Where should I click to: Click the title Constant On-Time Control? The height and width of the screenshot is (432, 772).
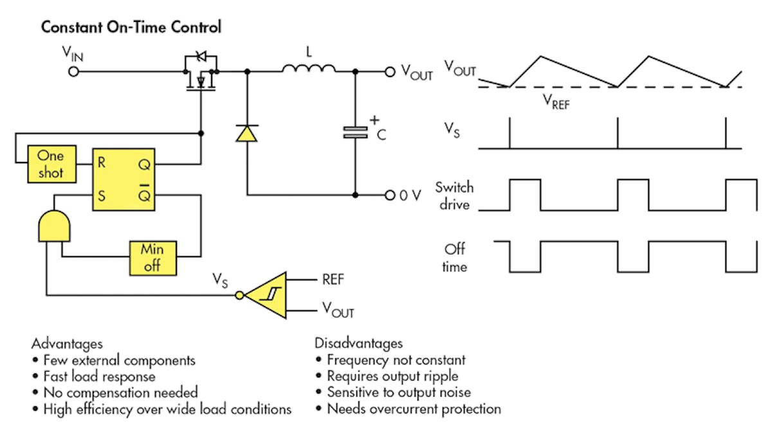pos(131,28)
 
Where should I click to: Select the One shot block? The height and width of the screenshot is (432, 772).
pos(51,164)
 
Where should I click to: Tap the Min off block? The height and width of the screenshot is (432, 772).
pos(152,257)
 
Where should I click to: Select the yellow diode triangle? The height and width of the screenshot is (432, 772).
pos(246,132)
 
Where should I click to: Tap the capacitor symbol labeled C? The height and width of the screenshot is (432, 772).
pos(354,132)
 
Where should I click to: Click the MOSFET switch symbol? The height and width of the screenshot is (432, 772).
pos(201,74)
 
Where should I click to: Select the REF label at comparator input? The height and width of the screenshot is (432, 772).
pos(334,280)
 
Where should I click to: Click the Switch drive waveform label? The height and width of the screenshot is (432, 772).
pos(454,195)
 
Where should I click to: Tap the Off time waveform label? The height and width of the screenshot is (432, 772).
pos(454,257)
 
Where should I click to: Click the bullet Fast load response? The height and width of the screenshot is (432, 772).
pos(98,376)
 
